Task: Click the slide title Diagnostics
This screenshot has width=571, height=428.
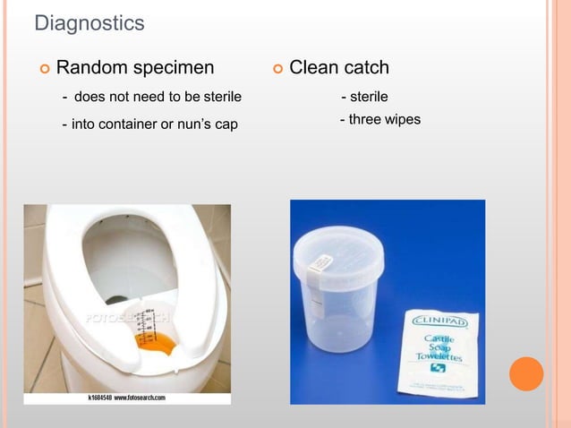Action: click(89, 23)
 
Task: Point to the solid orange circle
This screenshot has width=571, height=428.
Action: click(526, 373)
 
